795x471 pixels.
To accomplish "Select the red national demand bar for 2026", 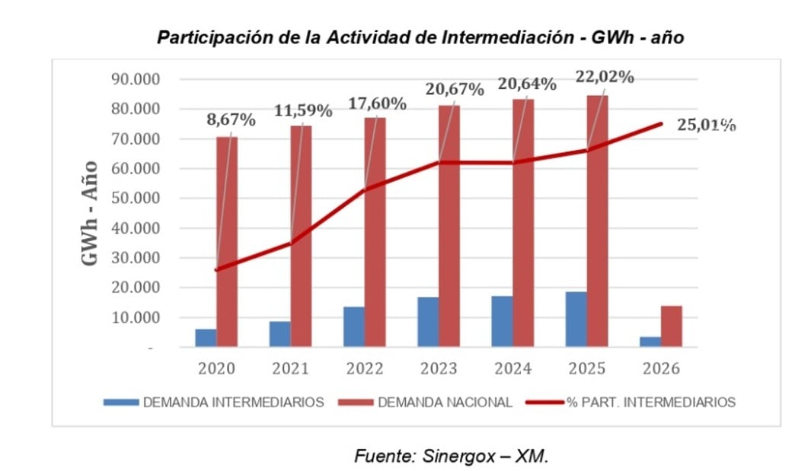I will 671,326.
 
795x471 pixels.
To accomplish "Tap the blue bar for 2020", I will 206,338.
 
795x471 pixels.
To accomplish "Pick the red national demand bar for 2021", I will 302,236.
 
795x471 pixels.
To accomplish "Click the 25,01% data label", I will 706,126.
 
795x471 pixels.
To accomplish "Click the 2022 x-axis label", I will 364,369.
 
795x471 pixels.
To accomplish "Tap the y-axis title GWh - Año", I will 90,212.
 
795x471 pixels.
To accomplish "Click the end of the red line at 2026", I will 661,123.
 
